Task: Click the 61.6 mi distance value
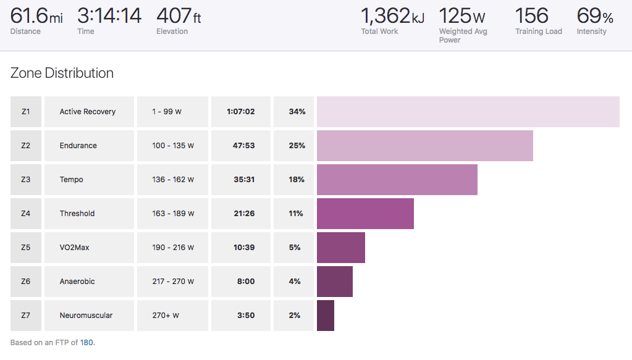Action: click(x=36, y=15)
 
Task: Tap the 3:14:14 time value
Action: click(x=109, y=15)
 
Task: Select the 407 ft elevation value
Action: click(x=179, y=15)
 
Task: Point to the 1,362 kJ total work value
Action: click(x=392, y=15)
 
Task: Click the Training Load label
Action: click(x=539, y=31)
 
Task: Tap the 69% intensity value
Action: click(x=594, y=15)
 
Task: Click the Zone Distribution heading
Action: click(x=62, y=73)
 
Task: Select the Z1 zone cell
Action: click(x=26, y=112)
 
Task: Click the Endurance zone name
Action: click(x=78, y=146)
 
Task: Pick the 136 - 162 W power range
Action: click(x=173, y=180)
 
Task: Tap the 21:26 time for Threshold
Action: click(x=242, y=214)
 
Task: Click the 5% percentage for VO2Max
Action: click(x=294, y=248)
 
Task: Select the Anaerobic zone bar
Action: click(x=335, y=282)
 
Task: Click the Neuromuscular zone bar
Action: click(x=326, y=316)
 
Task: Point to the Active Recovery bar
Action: click(x=468, y=112)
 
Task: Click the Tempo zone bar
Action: click(x=397, y=180)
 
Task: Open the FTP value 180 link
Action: click(x=86, y=342)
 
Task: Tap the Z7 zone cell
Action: click(x=26, y=316)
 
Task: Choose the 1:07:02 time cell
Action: click(x=242, y=112)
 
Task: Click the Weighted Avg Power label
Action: click(x=463, y=36)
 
